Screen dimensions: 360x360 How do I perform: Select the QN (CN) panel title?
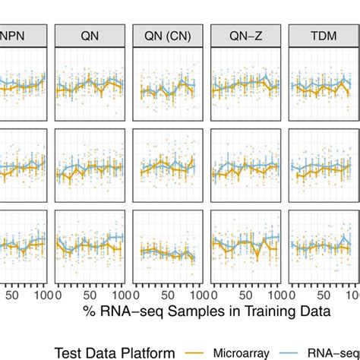[x=167, y=35]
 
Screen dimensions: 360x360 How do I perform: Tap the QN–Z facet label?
[x=245, y=35]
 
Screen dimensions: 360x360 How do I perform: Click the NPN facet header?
[x=23, y=35]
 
